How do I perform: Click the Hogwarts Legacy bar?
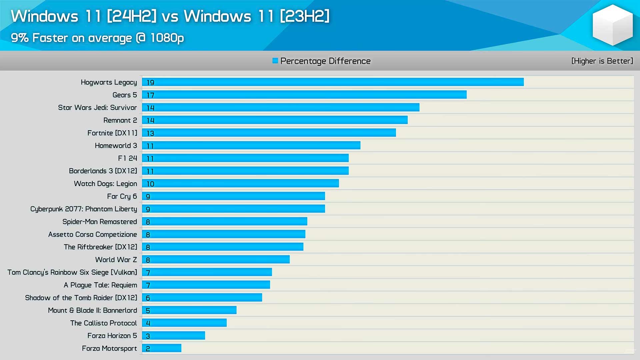point(333,82)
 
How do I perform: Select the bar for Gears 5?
point(304,95)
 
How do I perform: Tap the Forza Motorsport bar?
point(162,348)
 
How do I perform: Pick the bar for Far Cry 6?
point(233,196)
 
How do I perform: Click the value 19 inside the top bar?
point(150,82)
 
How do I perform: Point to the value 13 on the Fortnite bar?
point(150,133)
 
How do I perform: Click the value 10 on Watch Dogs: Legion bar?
point(150,184)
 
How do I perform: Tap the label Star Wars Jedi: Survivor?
point(97,107)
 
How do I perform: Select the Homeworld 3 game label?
point(116,145)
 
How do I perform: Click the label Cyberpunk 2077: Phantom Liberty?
point(84,209)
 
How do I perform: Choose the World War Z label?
point(116,259)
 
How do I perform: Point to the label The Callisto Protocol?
point(103,323)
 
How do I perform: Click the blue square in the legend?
point(275,61)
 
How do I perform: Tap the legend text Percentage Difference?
point(325,61)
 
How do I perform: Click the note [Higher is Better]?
point(602,61)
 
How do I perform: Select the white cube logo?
point(612,25)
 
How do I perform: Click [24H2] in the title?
point(131,16)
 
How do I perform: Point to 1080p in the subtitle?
point(167,38)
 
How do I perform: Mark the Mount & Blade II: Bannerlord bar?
point(189,310)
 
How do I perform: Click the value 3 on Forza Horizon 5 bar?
point(148,336)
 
